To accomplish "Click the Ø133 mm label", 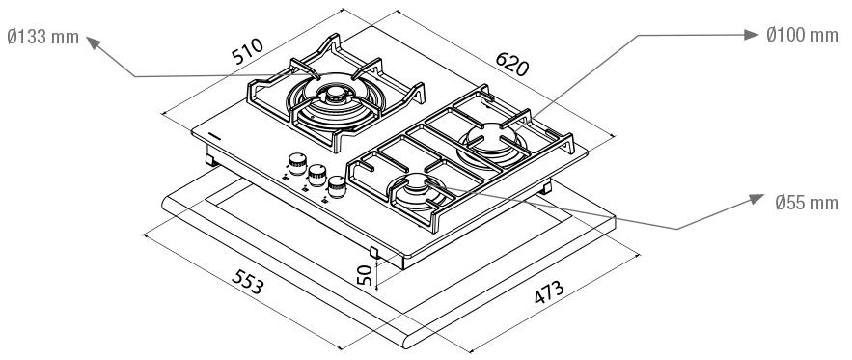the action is [x=42, y=38].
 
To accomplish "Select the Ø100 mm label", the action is [x=802, y=36].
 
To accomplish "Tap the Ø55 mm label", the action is [x=807, y=203].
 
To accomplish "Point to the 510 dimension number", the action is [x=247, y=51].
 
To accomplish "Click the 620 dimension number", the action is [x=511, y=64].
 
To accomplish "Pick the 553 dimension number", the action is [x=248, y=281].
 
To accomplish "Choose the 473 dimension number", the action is [x=549, y=292].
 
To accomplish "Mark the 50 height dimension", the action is [x=365, y=275].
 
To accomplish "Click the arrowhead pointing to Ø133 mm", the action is [x=95, y=43].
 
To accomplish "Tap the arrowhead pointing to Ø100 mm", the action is [x=752, y=35].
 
